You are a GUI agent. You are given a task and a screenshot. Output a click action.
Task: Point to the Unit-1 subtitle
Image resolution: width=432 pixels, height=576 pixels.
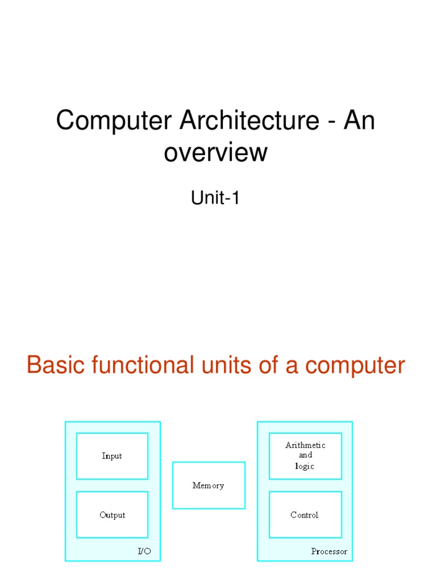click(x=216, y=198)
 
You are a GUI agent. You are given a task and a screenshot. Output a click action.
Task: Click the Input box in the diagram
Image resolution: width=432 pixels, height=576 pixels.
click(x=112, y=456)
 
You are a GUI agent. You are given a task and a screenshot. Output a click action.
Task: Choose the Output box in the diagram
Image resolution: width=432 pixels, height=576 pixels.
click(x=112, y=515)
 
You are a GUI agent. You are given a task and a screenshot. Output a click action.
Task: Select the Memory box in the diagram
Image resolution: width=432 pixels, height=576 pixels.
click(x=208, y=485)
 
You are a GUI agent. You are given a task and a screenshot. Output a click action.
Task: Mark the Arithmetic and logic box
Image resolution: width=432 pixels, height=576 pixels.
click(x=305, y=456)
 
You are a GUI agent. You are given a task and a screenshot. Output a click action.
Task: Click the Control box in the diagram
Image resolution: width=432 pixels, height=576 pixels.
click(x=305, y=515)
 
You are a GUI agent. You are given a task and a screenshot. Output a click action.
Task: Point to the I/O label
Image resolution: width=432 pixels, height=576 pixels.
click(x=145, y=551)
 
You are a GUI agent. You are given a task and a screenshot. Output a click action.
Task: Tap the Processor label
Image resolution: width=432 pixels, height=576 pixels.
click(x=329, y=551)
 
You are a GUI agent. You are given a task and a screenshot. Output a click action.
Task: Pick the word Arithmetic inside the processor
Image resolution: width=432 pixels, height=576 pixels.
click(x=305, y=445)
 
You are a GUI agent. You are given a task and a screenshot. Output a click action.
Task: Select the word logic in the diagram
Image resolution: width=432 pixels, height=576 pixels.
click(x=305, y=466)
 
